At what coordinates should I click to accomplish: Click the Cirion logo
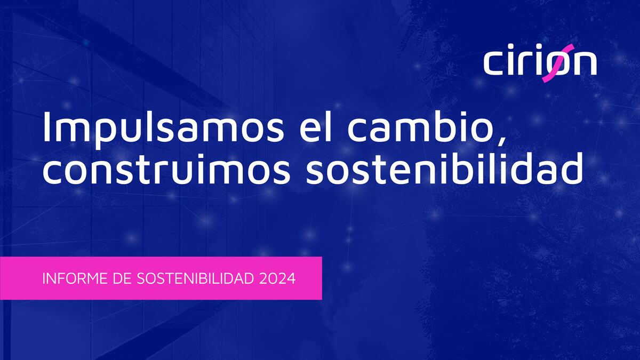pyautogui.click(x=540, y=63)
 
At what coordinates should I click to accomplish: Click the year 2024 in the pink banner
pyautogui.click(x=277, y=278)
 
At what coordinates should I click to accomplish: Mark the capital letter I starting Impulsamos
pyautogui.click(x=47, y=127)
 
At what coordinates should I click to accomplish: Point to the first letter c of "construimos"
pyautogui.click(x=52, y=174)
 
